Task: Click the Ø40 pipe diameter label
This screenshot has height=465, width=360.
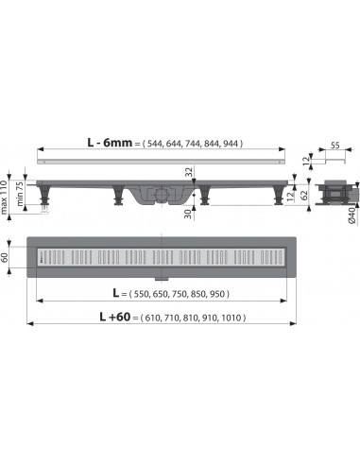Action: coord(351,221)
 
